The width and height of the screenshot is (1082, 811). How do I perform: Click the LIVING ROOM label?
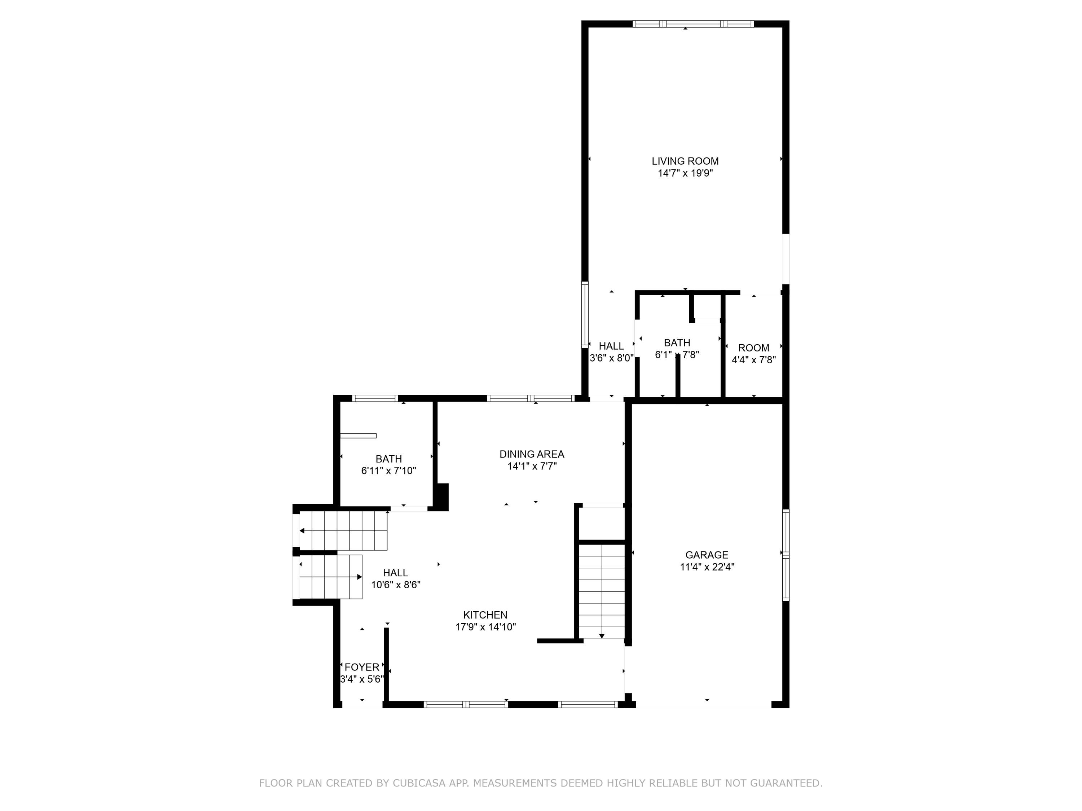(685, 161)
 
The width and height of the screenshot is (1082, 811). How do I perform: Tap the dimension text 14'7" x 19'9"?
(685, 173)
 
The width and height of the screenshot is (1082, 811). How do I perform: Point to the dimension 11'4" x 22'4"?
(707, 567)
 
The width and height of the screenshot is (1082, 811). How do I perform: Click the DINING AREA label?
(532, 454)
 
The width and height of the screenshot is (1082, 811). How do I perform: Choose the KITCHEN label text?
(485, 615)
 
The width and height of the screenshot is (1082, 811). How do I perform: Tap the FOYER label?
(362, 667)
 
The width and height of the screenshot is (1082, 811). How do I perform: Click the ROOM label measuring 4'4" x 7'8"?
(753, 348)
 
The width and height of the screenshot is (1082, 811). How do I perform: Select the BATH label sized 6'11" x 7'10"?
(389, 459)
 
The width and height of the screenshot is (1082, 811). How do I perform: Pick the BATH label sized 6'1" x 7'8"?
(677, 343)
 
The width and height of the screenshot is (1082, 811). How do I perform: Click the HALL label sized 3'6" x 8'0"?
(611, 346)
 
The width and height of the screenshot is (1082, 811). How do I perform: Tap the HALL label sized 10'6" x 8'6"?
(395, 573)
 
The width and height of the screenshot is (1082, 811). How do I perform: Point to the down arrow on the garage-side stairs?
(602, 635)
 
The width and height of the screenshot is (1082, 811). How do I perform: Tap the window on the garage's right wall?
(785, 555)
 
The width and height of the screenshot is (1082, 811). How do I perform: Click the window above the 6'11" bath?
(375, 398)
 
